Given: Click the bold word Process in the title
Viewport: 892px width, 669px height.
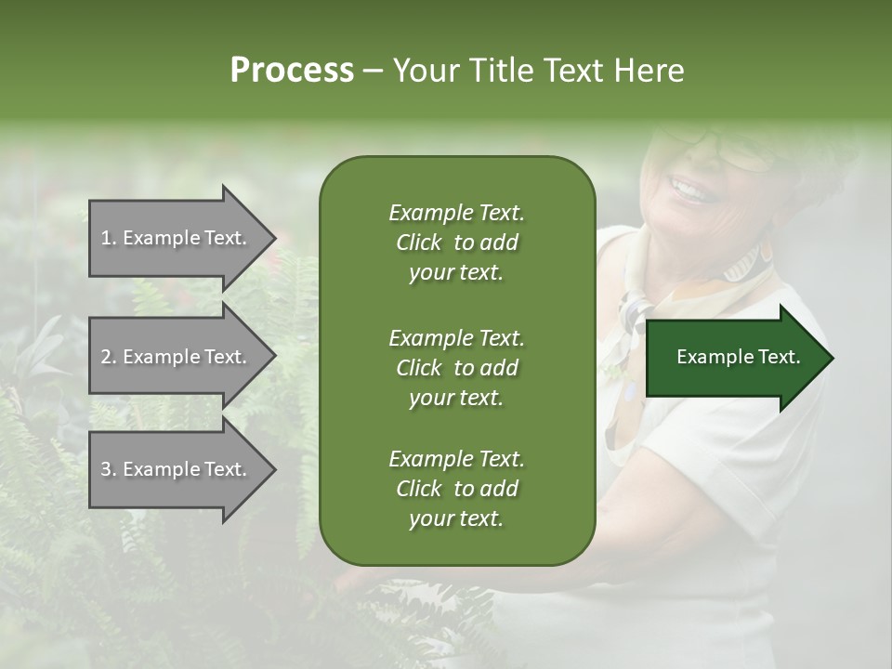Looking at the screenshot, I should [292, 71].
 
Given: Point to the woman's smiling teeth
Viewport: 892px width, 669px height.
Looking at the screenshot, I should [689, 190].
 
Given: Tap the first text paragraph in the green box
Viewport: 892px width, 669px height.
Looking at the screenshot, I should [456, 243].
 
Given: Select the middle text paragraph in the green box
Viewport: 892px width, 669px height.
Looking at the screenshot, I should [456, 368].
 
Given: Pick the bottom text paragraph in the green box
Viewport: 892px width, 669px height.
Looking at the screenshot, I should [456, 489].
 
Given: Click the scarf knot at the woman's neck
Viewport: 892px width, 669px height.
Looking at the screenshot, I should [635, 312].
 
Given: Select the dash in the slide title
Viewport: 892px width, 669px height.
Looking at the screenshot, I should [374, 71].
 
